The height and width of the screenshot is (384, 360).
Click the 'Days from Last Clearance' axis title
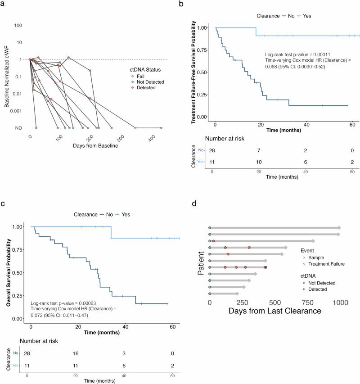(x=275, y=311)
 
